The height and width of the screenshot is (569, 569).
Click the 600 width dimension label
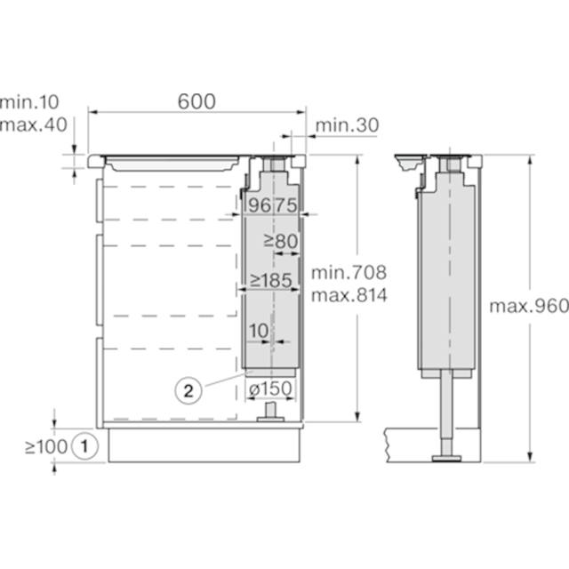(196, 101)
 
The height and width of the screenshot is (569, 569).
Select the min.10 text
(29, 102)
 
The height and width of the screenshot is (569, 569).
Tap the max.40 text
(34, 124)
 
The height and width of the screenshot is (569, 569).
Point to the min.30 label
(348, 125)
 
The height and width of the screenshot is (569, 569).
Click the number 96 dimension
(260, 205)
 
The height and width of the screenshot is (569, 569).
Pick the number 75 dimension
(285, 205)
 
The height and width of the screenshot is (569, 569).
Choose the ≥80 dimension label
(281, 241)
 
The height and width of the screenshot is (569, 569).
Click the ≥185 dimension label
(270, 280)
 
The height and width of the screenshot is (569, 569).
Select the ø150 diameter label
(270, 389)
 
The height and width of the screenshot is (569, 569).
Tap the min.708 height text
(349, 273)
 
